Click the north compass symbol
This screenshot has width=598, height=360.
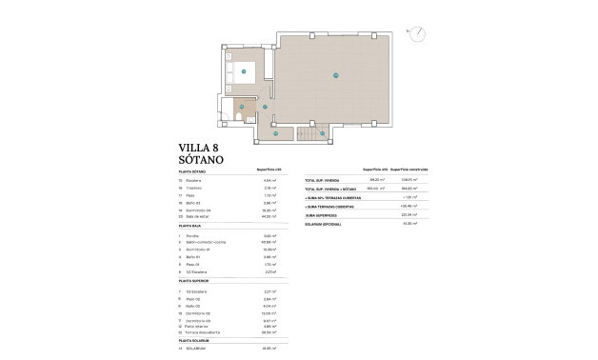tap(417, 34)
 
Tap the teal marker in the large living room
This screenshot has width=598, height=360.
tap(336, 75)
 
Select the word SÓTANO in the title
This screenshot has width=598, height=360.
tap(203, 161)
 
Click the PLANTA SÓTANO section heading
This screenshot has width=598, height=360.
tap(193, 171)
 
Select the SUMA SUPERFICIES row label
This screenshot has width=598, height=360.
tap(323, 215)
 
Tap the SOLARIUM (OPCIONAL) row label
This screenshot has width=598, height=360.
tap(326, 224)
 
